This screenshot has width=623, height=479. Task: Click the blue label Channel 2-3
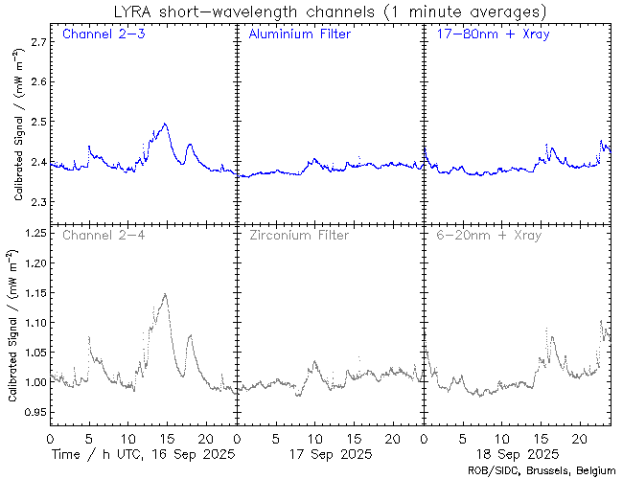pos(103,35)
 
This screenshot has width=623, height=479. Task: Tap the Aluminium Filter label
pos(299,35)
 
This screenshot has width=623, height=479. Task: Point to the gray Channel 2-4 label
pos(103,235)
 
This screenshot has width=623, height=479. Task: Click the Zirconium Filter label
pos(299,235)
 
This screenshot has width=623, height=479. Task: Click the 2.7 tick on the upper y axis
pos(37,42)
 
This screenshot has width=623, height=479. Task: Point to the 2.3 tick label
pos(37,203)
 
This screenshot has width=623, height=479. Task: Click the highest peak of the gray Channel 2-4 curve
pos(166,294)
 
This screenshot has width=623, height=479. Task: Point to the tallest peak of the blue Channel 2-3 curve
pos(166,124)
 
